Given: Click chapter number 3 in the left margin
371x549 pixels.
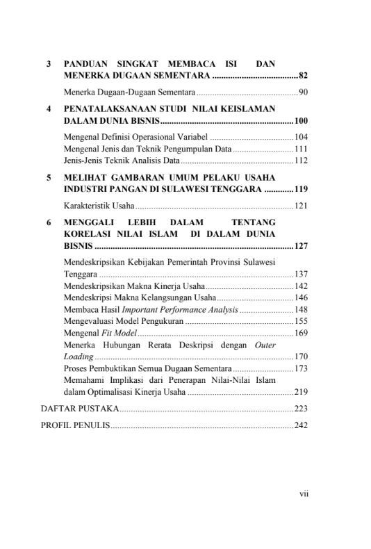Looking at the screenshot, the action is coord(48,64).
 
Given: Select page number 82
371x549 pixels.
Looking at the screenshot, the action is coord(303,75).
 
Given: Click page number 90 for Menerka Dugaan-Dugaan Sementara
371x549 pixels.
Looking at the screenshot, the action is coord(303,92).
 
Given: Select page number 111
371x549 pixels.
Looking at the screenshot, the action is coord(301,149).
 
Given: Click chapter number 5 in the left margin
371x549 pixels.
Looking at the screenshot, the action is coord(48,178).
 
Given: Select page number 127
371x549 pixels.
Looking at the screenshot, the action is coord(301,245).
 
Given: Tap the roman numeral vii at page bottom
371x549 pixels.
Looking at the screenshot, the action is coord(304,494).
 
